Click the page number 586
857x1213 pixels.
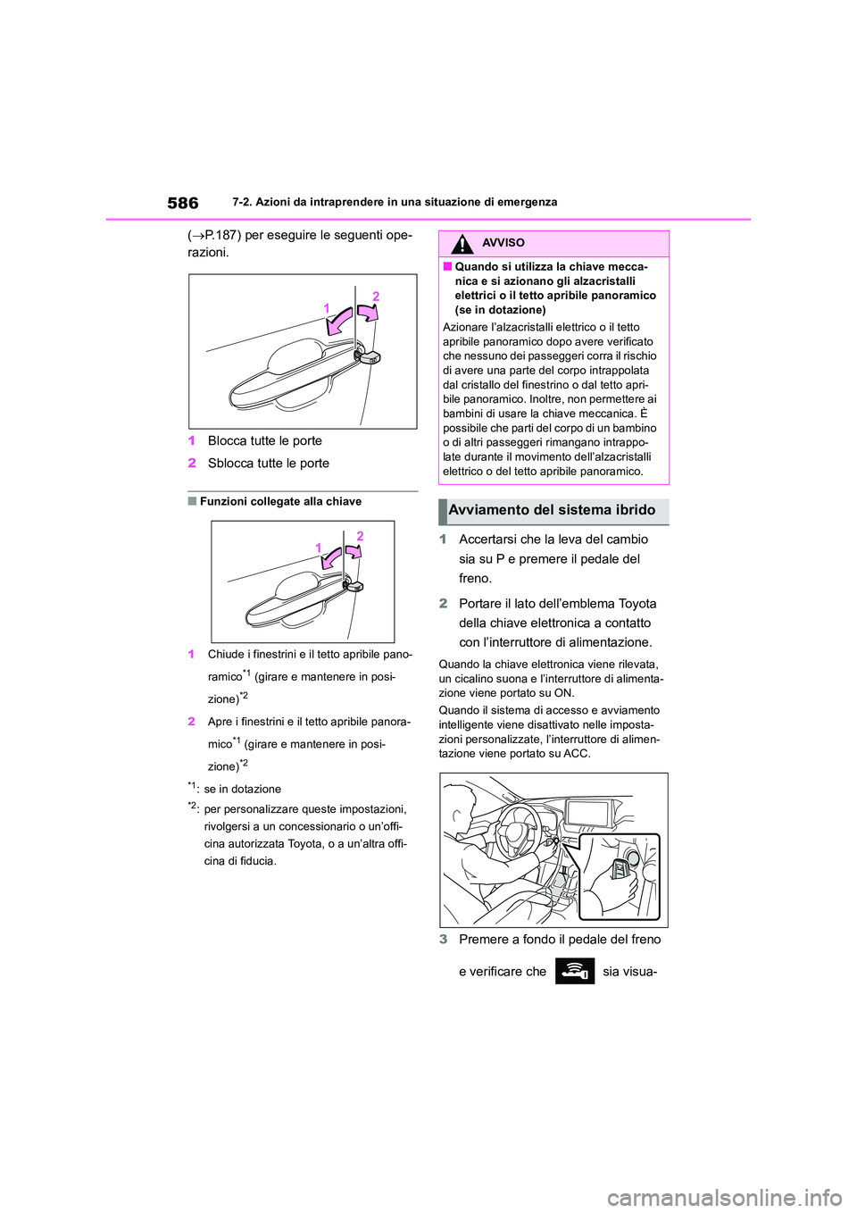[183, 203]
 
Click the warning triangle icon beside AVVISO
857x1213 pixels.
[462, 243]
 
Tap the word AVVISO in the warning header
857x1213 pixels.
[503, 243]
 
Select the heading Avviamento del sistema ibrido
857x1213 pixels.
[552, 510]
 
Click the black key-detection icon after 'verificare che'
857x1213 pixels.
[574, 971]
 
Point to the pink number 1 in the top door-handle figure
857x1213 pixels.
[327, 308]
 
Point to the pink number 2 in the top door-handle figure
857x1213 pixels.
[376, 297]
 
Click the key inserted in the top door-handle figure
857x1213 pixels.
[368, 356]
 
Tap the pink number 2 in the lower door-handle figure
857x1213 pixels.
[360, 536]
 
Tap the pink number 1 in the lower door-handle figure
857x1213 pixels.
[318, 548]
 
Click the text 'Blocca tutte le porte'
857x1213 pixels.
[265, 441]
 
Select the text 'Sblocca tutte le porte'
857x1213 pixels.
[269, 464]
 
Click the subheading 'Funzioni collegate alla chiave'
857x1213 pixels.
[280, 502]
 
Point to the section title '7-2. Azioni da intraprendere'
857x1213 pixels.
[394, 203]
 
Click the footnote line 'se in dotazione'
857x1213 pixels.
[242, 790]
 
